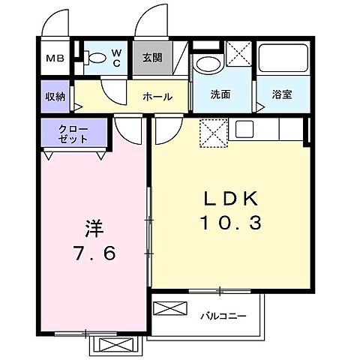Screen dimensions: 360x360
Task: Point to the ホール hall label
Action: pyautogui.click(x=157, y=96)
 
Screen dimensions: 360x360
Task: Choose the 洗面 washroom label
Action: pyautogui.click(x=220, y=96)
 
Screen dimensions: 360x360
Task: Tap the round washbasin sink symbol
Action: pyautogui.click(x=207, y=64)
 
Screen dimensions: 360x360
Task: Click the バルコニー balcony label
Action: pyautogui.click(x=223, y=316)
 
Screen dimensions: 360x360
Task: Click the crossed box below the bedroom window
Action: pyautogui.click(x=115, y=346)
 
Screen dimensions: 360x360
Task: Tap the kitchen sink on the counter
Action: pyautogui.click(x=246, y=130)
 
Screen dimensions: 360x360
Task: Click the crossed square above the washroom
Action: pyautogui.click(x=238, y=55)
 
